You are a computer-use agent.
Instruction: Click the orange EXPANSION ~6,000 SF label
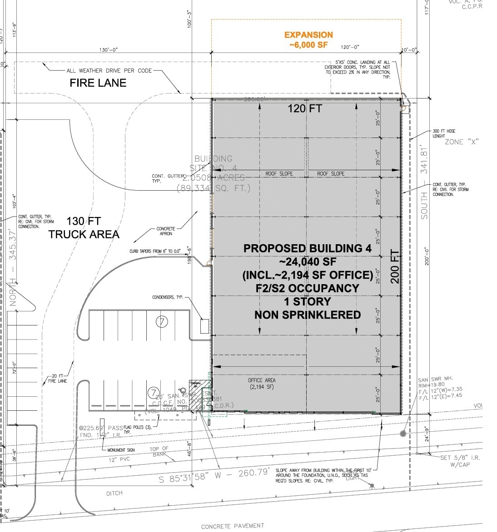coord(308,40)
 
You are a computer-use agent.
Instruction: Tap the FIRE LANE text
coord(98,83)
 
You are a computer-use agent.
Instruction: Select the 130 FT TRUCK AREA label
coord(84,228)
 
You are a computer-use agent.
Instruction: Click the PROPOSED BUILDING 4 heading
coord(308,248)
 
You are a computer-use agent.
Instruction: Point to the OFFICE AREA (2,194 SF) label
coord(262,384)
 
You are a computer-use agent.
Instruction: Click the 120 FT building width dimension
coord(305,108)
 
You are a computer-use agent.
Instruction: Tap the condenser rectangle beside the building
coord(204,326)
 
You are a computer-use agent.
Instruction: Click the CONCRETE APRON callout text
coord(165,231)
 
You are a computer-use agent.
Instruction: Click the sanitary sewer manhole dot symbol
coord(403,434)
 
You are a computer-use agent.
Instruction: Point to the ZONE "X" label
coord(461,142)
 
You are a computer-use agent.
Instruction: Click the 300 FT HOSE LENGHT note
coord(444,133)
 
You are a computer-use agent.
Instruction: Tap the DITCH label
coord(114,493)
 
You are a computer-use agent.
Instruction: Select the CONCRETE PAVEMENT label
coord(233,526)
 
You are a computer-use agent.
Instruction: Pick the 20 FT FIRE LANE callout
coord(57,378)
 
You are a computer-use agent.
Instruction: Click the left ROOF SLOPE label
coord(279,174)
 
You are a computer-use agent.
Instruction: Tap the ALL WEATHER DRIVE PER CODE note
coord(109,71)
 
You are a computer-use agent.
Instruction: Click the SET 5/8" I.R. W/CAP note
coord(460,461)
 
